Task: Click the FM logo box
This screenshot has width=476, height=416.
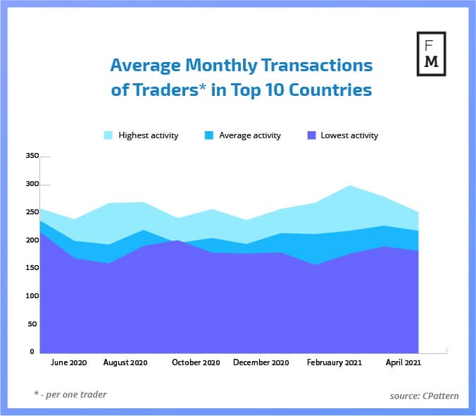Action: point(431,54)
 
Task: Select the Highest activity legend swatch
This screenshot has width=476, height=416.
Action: point(108,135)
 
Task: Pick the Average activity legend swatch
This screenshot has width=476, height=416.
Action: point(209,135)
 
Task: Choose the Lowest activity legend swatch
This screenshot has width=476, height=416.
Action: point(311,135)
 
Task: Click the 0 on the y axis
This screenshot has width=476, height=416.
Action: point(32,351)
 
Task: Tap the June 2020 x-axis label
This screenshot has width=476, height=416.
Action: point(69,362)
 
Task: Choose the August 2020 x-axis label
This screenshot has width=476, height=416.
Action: point(125,362)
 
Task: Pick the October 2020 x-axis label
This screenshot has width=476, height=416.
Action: point(196,362)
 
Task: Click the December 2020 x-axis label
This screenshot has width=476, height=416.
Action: point(261,362)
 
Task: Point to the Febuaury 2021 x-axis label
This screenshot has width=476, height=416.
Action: point(334,362)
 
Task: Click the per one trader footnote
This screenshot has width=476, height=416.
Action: point(70,394)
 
